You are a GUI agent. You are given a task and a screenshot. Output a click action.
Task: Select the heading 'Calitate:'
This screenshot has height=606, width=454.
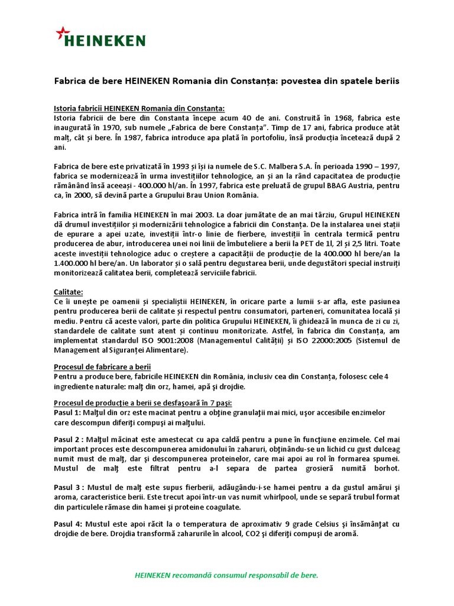click(x=69, y=292)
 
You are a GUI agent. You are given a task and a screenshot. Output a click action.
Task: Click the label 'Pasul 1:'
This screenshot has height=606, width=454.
click(x=70, y=412)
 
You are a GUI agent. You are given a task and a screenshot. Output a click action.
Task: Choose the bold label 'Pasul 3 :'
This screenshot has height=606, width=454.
click(x=70, y=487)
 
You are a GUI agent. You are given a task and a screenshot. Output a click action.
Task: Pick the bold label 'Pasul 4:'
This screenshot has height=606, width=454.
click(x=69, y=524)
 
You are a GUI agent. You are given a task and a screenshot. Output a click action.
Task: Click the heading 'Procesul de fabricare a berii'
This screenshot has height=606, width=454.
click(x=102, y=367)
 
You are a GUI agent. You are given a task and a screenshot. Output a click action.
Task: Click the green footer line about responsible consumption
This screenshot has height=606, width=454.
click(x=227, y=575)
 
